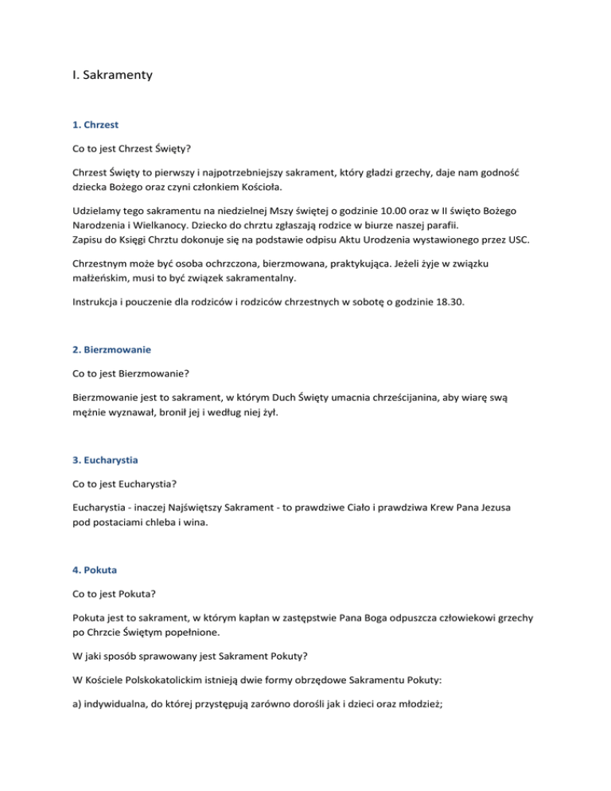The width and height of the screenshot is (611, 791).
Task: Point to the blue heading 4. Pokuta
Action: tap(94, 571)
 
